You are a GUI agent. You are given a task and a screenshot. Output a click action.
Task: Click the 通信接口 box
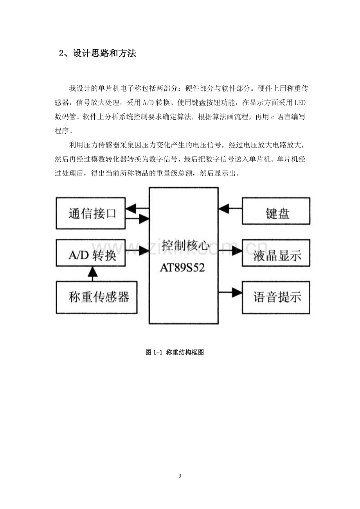point(90,213)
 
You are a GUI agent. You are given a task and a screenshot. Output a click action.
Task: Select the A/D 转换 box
point(90,253)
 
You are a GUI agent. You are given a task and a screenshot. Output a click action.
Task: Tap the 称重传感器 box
point(96,298)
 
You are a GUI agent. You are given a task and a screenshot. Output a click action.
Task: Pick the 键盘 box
point(276,211)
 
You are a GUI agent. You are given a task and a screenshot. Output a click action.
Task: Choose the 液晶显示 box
point(276,253)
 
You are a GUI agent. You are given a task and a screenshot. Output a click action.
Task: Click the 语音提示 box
point(276,298)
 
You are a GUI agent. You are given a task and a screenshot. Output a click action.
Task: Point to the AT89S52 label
point(182,267)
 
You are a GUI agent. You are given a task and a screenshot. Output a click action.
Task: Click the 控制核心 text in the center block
point(185,246)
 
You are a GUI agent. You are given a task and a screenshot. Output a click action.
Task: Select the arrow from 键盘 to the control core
point(230,208)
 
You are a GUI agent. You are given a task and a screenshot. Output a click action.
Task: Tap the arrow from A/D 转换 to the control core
point(137,251)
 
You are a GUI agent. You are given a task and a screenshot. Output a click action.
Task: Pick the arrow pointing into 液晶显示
point(230,251)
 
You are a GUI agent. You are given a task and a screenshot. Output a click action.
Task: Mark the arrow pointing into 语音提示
point(230,292)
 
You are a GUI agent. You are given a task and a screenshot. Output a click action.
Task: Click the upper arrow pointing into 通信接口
point(137,208)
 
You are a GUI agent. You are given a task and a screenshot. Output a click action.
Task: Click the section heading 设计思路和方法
point(104,54)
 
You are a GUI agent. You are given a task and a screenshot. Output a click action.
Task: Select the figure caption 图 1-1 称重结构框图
point(175,353)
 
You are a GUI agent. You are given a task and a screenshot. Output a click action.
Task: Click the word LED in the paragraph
point(300,103)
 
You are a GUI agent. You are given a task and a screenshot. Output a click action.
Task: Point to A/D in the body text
point(148,103)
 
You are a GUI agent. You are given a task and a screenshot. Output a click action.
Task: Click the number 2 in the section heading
point(61,54)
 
